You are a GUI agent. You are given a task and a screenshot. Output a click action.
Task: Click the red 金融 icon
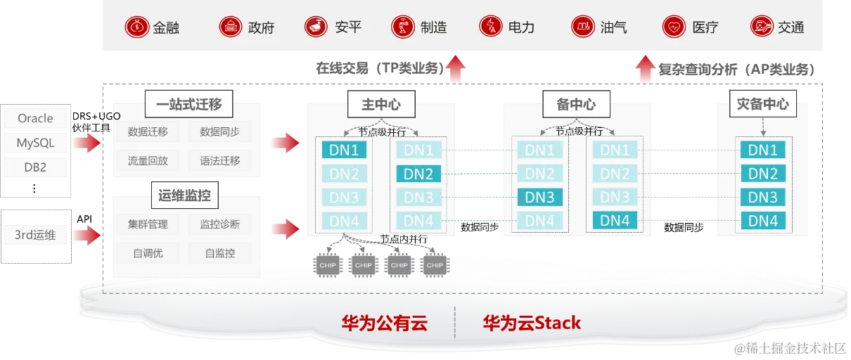coord(136,27)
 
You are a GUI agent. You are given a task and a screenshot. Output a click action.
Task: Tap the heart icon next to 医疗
coord(674,27)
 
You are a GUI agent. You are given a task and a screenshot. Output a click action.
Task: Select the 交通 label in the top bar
coord(791,28)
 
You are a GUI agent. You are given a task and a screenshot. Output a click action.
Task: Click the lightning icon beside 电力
coord(490,27)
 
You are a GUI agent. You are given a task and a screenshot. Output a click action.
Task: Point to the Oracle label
coord(35,119)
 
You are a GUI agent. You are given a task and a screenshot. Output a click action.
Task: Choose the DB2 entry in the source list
coord(35,167)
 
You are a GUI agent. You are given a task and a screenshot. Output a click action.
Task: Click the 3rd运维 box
coord(35,235)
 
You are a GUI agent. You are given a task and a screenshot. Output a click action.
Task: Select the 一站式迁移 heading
coord(189,105)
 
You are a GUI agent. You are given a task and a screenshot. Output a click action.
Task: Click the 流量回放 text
coord(148,160)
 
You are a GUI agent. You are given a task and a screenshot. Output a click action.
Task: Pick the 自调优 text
coord(148,252)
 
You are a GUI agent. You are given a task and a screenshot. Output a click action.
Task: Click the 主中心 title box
coord(380,105)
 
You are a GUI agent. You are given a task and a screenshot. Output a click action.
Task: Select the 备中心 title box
coord(576,105)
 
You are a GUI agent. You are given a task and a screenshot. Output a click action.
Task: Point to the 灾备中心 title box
coord(763,105)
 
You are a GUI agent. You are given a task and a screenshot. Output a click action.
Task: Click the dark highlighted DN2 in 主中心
coord(418,174)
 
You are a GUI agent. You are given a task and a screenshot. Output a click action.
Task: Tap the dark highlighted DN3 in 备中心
coord(539,198)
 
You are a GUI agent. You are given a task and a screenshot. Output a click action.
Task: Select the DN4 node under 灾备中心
coord(762,221)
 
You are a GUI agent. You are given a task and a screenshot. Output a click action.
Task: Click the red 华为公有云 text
coord(384,323)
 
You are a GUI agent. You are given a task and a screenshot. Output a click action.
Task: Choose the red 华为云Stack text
coord(532,323)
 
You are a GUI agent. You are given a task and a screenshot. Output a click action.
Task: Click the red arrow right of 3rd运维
coord(87,235)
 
